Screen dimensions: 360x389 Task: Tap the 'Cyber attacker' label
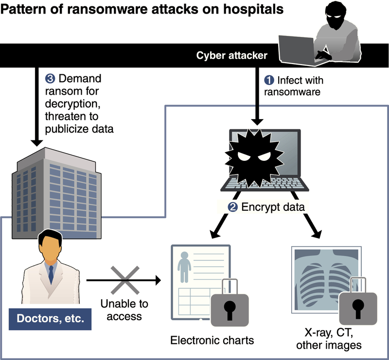pyautogui.click(x=231, y=56)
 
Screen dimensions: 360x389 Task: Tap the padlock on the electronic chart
pyautogui.click(x=229, y=304)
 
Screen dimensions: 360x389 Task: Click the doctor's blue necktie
pyautogui.click(x=51, y=274)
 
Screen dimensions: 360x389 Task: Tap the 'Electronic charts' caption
pyautogui.click(x=212, y=340)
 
